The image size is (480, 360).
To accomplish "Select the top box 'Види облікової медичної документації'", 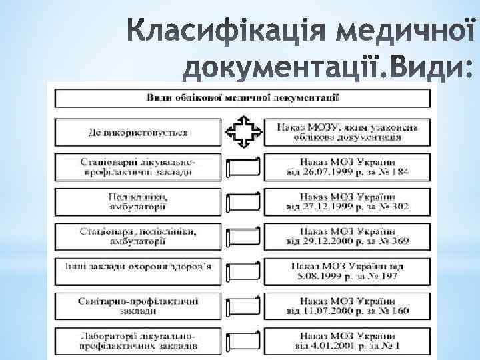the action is tap(242, 98).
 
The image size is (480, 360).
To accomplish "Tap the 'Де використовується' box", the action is tap(137, 132).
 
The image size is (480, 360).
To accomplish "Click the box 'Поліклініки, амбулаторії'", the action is tap(137, 201).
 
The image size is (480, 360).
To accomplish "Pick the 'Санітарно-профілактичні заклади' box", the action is tap(137, 305).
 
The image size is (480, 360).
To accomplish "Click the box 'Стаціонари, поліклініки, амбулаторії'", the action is tap(137, 235).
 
